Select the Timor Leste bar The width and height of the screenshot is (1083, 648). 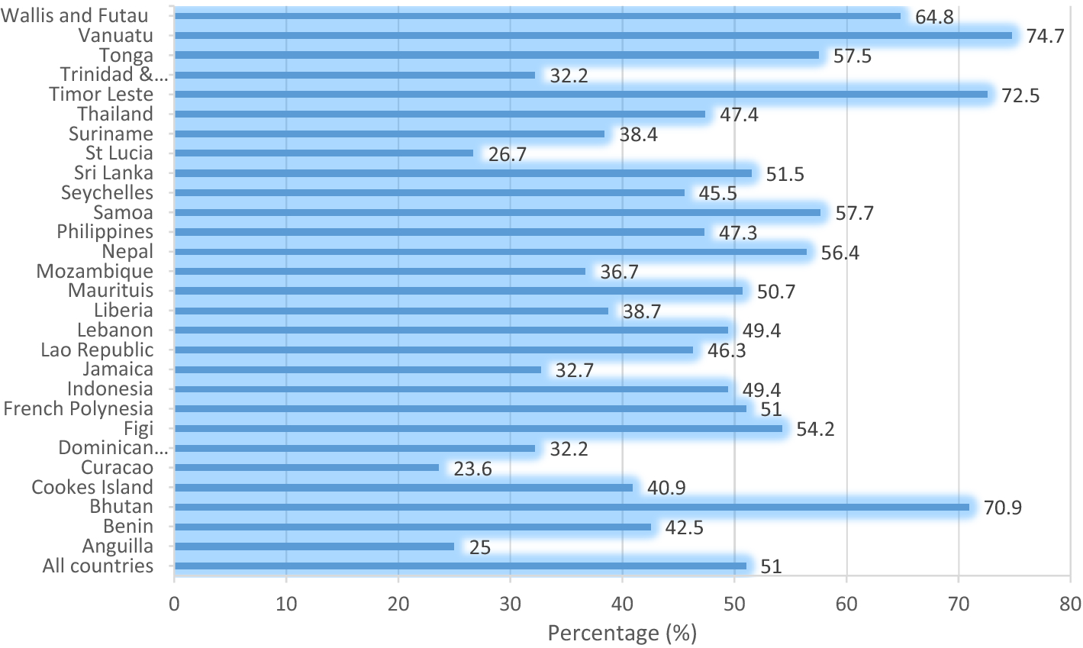tap(580, 95)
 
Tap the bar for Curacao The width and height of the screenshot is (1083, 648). tap(307, 468)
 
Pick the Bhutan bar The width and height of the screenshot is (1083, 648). tap(572, 507)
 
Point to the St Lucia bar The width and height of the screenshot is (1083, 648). tap(324, 153)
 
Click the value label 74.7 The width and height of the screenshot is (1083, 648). tap(1045, 36)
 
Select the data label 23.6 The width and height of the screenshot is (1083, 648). tap(472, 469)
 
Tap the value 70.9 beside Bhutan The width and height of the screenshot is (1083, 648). tap(1002, 508)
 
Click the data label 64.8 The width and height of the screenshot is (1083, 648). tap(934, 17)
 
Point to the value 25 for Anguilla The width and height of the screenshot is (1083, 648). tap(479, 547)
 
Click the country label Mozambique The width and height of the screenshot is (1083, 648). tap(95, 271)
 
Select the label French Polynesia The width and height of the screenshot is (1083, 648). tap(78, 409)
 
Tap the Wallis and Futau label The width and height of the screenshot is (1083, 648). tap(75, 16)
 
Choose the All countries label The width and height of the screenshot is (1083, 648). tap(98, 566)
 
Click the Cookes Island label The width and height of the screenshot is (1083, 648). tap(92, 488)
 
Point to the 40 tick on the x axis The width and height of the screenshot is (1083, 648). tap(622, 604)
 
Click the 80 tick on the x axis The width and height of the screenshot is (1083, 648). tap(1070, 604)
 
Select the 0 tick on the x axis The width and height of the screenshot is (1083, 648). tap(174, 604)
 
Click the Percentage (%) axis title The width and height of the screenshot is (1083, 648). tap(622, 633)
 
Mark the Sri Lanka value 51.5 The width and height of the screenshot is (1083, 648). tap(785, 174)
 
